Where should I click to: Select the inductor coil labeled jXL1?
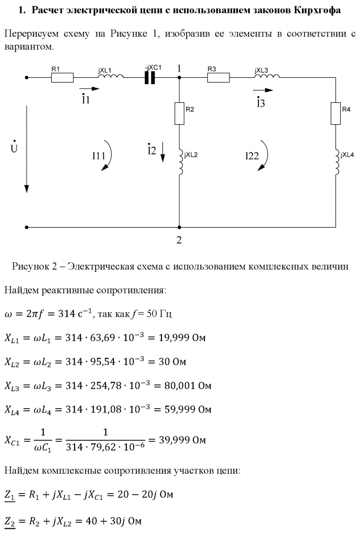coord(112,77)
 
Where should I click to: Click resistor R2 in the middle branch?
coord(179,112)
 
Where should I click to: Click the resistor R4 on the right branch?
coord(336,112)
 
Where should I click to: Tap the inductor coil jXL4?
coord(336,162)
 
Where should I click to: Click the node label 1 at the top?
coord(179,68)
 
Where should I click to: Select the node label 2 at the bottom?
coord(179,240)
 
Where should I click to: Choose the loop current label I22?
coord(252,156)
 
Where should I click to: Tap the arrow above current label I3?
coord(263,90)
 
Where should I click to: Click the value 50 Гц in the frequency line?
coord(157,314)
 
